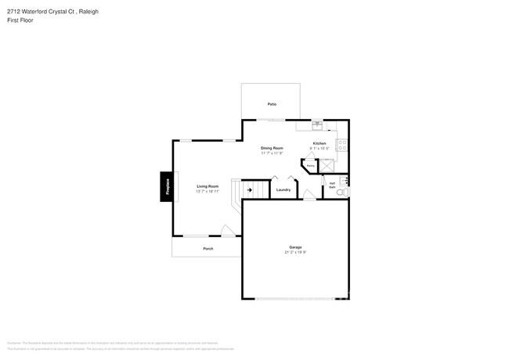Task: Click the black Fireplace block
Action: (x=166, y=186)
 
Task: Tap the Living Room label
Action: (x=208, y=185)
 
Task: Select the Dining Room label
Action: (x=272, y=148)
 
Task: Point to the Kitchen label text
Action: (x=319, y=143)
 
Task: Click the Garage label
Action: (x=295, y=247)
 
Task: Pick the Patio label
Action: (x=272, y=103)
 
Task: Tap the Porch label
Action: (x=208, y=248)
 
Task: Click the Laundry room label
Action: (x=283, y=189)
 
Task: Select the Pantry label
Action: (x=310, y=165)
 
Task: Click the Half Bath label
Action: (x=332, y=185)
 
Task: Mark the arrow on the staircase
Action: (x=250, y=189)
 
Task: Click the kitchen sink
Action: (x=317, y=123)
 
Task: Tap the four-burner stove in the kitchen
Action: (x=342, y=145)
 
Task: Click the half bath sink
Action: (x=345, y=181)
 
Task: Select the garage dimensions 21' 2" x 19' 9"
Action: (x=295, y=252)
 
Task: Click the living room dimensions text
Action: (x=208, y=190)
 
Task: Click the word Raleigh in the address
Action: (x=88, y=12)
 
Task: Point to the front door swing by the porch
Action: (x=227, y=231)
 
